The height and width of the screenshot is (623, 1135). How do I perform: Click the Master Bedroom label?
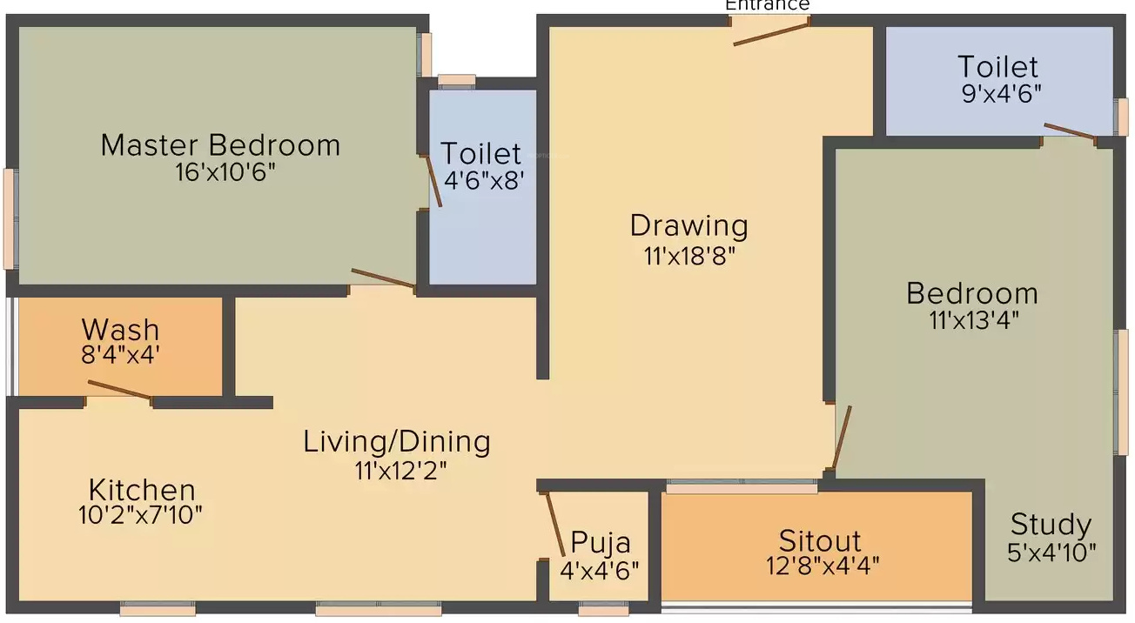220,145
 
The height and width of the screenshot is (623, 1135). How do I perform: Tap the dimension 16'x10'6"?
225,172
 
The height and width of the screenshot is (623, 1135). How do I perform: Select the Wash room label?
121,330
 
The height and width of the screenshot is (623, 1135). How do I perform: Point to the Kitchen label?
142,490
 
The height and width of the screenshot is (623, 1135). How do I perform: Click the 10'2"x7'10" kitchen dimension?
140,515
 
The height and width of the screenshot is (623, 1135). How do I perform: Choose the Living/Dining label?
397,442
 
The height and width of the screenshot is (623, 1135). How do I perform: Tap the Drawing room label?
689,225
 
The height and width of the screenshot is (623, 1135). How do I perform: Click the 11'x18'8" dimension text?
689,256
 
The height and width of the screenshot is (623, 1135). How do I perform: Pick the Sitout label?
820,541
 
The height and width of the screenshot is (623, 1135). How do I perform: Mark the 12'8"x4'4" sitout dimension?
823,566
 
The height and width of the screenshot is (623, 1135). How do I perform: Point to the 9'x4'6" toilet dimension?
1002,94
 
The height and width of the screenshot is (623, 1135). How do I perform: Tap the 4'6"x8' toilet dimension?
484,180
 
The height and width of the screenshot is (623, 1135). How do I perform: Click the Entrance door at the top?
771,34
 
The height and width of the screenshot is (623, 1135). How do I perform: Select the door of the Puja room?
554,525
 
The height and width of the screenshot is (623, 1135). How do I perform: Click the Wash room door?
119,390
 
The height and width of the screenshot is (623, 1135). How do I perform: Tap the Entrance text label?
768,5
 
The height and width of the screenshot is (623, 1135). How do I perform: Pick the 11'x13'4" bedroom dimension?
974,320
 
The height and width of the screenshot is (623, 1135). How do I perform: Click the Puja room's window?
603,608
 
